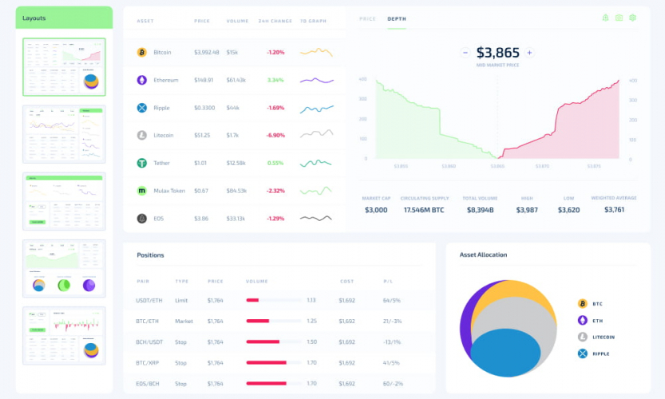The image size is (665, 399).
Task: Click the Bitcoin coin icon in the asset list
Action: point(142,53)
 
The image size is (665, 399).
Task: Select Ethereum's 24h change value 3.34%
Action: point(275,80)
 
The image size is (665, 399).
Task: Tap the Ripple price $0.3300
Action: point(204,108)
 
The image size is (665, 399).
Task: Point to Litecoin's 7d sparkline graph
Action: point(316,135)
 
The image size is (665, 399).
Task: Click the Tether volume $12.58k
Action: point(236,163)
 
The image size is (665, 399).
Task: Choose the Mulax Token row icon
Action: point(142,191)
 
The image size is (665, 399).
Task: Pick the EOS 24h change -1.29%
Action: point(275,218)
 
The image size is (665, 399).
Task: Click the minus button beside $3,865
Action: point(465,53)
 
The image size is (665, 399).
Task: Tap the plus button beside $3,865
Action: point(529,53)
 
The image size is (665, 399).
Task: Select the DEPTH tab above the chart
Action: point(396,18)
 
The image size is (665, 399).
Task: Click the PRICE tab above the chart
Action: point(368,18)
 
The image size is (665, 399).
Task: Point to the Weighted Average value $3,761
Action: point(614,210)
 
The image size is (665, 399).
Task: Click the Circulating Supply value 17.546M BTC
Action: point(426,210)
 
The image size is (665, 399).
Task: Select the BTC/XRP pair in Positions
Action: point(148,362)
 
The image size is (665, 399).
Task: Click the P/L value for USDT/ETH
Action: point(391,300)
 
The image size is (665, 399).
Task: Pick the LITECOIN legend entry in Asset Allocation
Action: point(602,337)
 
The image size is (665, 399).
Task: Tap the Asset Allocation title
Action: point(483,255)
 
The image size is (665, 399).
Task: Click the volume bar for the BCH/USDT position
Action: point(263,342)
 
